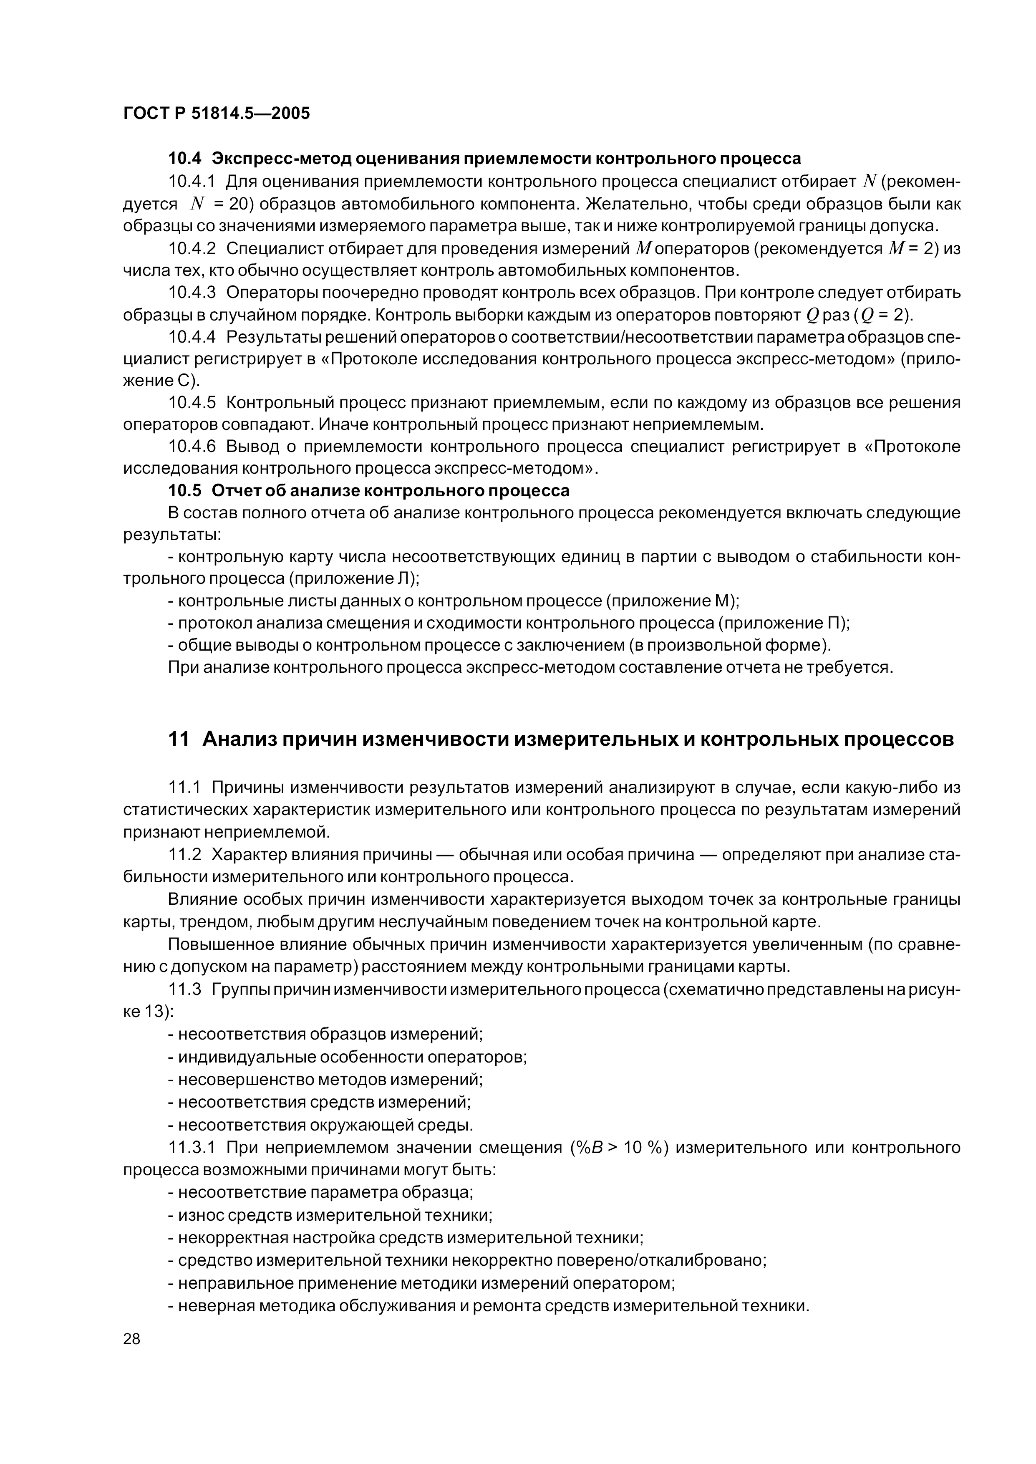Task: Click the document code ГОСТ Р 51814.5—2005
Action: pos(216,114)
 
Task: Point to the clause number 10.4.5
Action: pos(192,403)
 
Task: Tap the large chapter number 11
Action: pos(179,740)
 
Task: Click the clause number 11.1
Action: pos(184,788)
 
